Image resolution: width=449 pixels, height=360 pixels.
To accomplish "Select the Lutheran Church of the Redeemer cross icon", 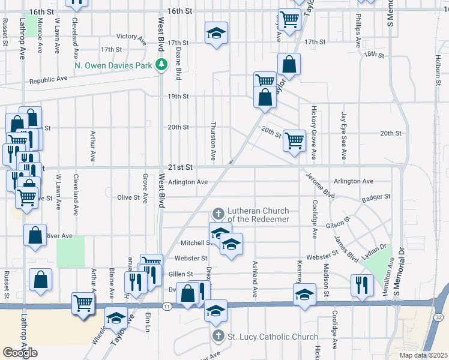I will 218,213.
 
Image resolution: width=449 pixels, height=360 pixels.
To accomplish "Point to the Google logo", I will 19,353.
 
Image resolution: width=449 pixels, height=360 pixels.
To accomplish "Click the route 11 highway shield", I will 167,306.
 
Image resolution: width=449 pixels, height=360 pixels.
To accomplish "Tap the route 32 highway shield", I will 439,316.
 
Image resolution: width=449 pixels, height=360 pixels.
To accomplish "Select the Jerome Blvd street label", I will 319,185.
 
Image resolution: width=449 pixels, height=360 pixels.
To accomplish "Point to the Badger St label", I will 379,196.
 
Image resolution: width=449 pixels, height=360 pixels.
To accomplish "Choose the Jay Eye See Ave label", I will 343,136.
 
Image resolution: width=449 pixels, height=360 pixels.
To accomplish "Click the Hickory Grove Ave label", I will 313,128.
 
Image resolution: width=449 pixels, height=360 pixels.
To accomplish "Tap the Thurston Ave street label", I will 213,141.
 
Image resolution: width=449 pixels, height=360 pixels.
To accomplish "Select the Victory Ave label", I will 131,39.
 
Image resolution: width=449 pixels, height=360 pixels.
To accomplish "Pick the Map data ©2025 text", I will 423,355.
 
